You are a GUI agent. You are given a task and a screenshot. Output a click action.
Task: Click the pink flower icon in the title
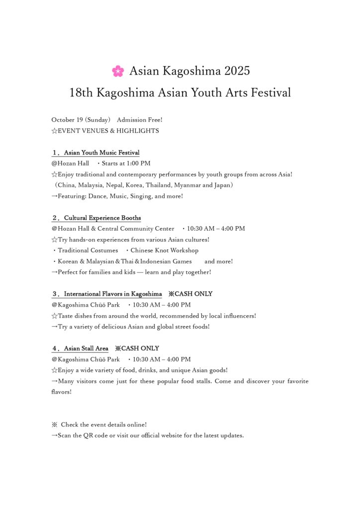pos(118,71)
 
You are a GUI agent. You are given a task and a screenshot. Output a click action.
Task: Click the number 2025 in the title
pos(237,71)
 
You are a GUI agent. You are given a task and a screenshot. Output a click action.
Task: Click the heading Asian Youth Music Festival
pos(101,153)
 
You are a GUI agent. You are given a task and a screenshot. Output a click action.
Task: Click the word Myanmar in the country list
pos(187,185)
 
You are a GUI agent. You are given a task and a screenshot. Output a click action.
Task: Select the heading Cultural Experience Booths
pos(102,218)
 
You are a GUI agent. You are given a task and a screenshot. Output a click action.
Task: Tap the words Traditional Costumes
pos(88,251)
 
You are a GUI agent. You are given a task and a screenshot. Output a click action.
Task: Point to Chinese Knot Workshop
pos(164,251)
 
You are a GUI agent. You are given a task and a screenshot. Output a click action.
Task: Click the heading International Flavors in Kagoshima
pos(112,294)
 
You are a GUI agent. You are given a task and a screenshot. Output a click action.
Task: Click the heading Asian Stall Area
pos(86,348)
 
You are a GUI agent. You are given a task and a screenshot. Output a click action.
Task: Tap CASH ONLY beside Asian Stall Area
pos(140,348)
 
